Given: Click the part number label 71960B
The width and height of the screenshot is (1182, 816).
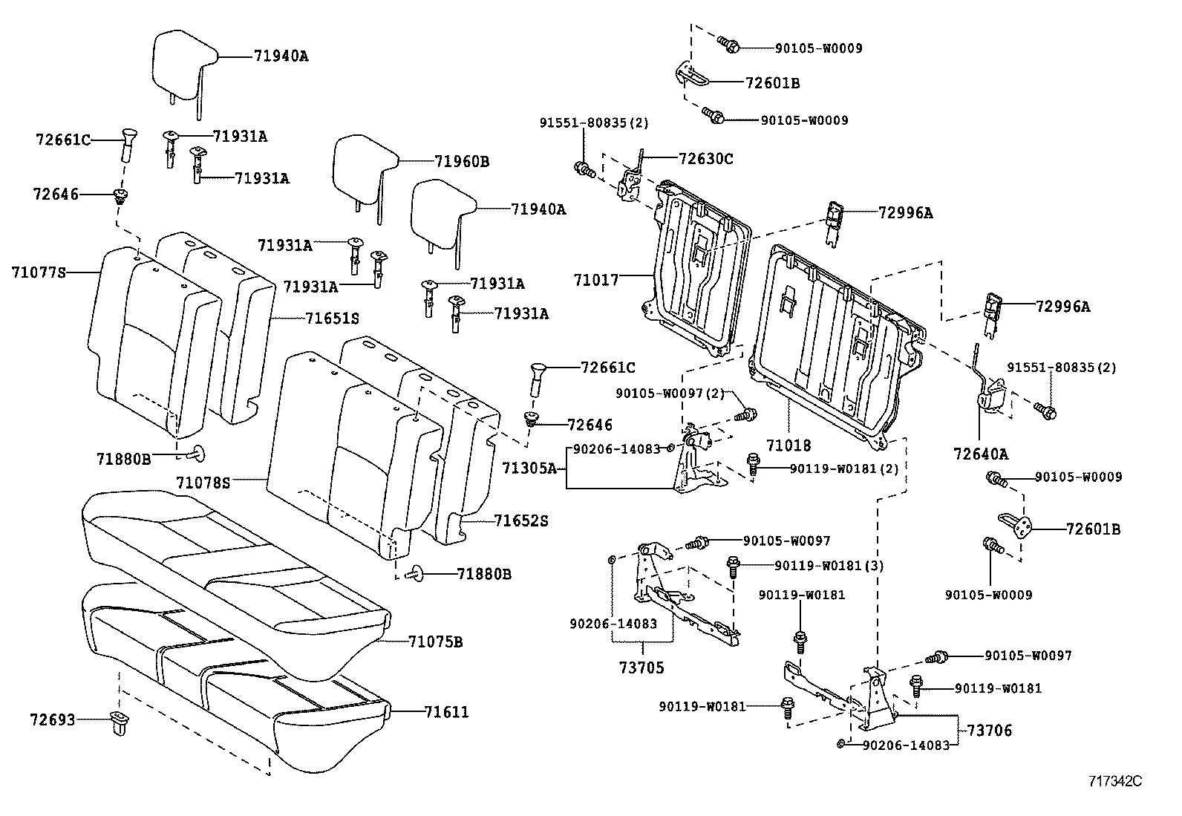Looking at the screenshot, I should click(x=462, y=161).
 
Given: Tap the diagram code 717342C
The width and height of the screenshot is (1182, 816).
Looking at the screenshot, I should click(x=1114, y=781).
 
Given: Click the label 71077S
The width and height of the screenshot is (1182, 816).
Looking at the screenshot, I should click(x=39, y=272).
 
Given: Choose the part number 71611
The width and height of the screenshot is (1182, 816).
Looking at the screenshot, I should click(x=446, y=712).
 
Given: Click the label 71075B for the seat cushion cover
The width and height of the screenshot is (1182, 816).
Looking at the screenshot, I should click(x=435, y=642).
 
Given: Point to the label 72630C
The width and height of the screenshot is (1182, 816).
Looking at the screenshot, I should click(x=705, y=158).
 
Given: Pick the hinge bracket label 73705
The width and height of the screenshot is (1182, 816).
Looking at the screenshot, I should click(x=642, y=668).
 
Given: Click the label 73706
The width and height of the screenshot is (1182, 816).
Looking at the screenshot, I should click(x=989, y=731).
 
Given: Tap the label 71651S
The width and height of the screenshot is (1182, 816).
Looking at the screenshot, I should click(x=332, y=318).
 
